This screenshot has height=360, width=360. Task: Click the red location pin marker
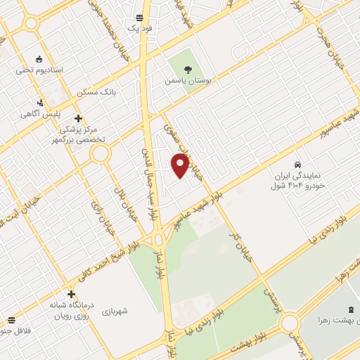pyautogui.click(x=180, y=165)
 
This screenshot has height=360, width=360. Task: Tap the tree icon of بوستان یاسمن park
pyautogui.click(x=188, y=69)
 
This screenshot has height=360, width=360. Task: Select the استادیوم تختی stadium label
pyautogui.click(x=40, y=70)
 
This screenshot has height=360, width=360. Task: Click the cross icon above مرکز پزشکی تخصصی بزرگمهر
pyautogui.click(x=78, y=118)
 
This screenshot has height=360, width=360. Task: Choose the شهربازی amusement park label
pyautogui.click(x=115, y=310)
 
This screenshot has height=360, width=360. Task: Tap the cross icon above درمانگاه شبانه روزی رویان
pyautogui.click(x=70, y=294)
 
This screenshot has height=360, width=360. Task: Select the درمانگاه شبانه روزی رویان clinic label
pyautogui.click(x=71, y=310)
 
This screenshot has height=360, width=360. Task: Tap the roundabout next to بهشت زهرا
pyautogui.click(x=289, y=324)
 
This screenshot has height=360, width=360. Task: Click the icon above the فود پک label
pyautogui.click(x=139, y=17)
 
